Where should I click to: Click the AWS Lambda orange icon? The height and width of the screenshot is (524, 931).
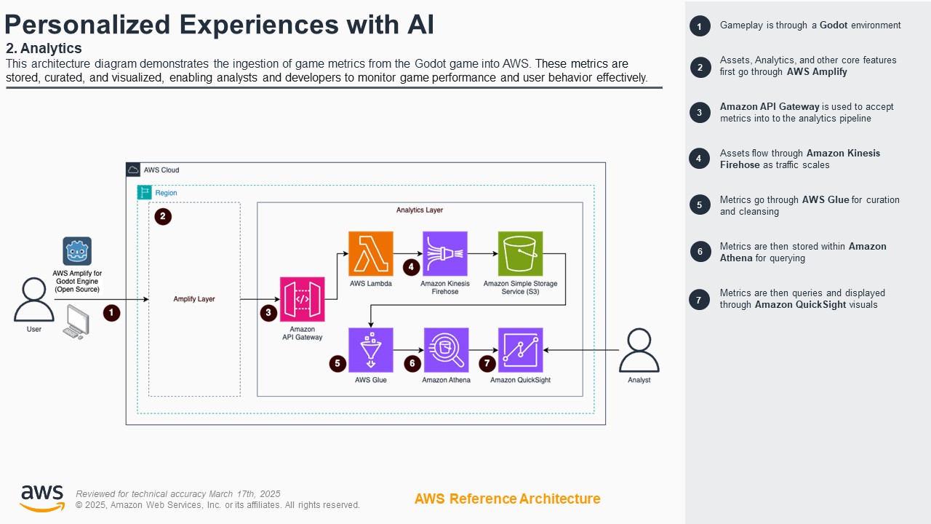pyautogui.click(x=371, y=254)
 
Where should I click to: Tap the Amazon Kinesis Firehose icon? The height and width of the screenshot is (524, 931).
pyautogui.click(x=445, y=254)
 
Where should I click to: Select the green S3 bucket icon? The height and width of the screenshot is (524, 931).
pyautogui.click(x=520, y=254)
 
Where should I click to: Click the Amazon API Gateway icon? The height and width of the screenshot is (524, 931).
pyautogui.click(x=303, y=299)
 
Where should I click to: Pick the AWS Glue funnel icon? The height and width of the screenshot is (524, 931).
pyautogui.click(x=371, y=350)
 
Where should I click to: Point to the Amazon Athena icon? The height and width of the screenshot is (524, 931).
pyautogui.click(x=446, y=350)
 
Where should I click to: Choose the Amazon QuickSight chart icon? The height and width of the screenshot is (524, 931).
pyautogui.click(x=520, y=350)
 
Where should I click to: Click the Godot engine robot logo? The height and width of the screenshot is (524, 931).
pyautogui.click(x=77, y=251)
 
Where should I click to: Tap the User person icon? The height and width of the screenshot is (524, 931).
pyautogui.click(x=34, y=299)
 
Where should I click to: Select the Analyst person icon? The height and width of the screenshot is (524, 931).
pyautogui.click(x=639, y=350)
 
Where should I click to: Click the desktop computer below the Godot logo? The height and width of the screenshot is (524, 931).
pyautogui.click(x=76, y=322)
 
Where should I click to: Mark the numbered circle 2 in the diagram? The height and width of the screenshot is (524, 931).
pyautogui.click(x=163, y=216)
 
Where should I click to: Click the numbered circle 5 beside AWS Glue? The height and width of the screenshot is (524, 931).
pyautogui.click(x=337, y=363)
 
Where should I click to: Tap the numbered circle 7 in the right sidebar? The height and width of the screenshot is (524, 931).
pyautogui.click(x=699, y=300)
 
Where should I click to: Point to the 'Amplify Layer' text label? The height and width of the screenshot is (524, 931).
pyautogui.click(x=194, y=299)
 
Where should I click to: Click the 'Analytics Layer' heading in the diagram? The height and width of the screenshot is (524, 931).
pyautogui.click(x=420, y=210)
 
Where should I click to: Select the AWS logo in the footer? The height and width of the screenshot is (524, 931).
pyautogui.click(x=42, y=499)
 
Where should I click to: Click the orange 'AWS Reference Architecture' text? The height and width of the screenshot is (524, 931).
pyautogui.click(x=507, y=499)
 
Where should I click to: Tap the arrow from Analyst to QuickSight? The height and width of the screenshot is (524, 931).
pyautogui.click(x=582, y=350)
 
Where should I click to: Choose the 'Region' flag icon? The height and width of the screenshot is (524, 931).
pyautogui.click(x=145, y=193)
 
